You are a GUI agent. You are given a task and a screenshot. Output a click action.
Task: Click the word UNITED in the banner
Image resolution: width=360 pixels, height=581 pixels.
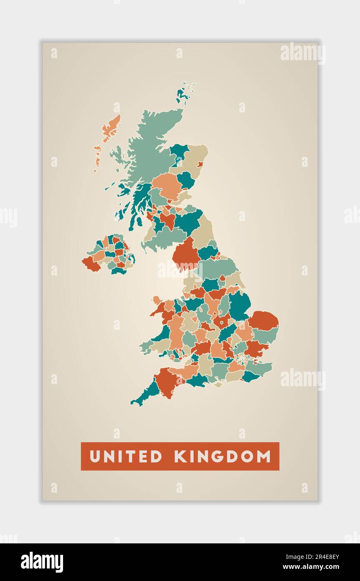pyautogui.click(x=126, y=456)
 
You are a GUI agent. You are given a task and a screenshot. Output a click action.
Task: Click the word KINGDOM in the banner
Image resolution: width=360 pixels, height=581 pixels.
pyautogui.click(x=223, y=456)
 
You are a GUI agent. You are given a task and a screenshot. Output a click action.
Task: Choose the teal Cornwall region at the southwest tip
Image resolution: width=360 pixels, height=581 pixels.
pyautogui.click(x=146, y=393)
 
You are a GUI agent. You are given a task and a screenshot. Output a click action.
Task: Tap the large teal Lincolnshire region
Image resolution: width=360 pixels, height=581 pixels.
pyautogui.click(x=239, y=305)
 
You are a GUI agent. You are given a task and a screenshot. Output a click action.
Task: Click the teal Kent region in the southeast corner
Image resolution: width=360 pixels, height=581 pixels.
pyautogui.click(x=250, y=377)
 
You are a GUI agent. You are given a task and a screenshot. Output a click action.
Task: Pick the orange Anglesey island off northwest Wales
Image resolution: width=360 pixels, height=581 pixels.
pyautogui.click(x=157, y=300)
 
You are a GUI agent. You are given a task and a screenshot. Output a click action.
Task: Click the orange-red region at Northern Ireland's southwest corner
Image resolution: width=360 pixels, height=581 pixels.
pyautogui.click(x=91, y=264)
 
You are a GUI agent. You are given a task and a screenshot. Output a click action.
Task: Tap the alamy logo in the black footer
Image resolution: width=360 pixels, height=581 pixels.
pyautogui.click(x=42, y=562)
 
